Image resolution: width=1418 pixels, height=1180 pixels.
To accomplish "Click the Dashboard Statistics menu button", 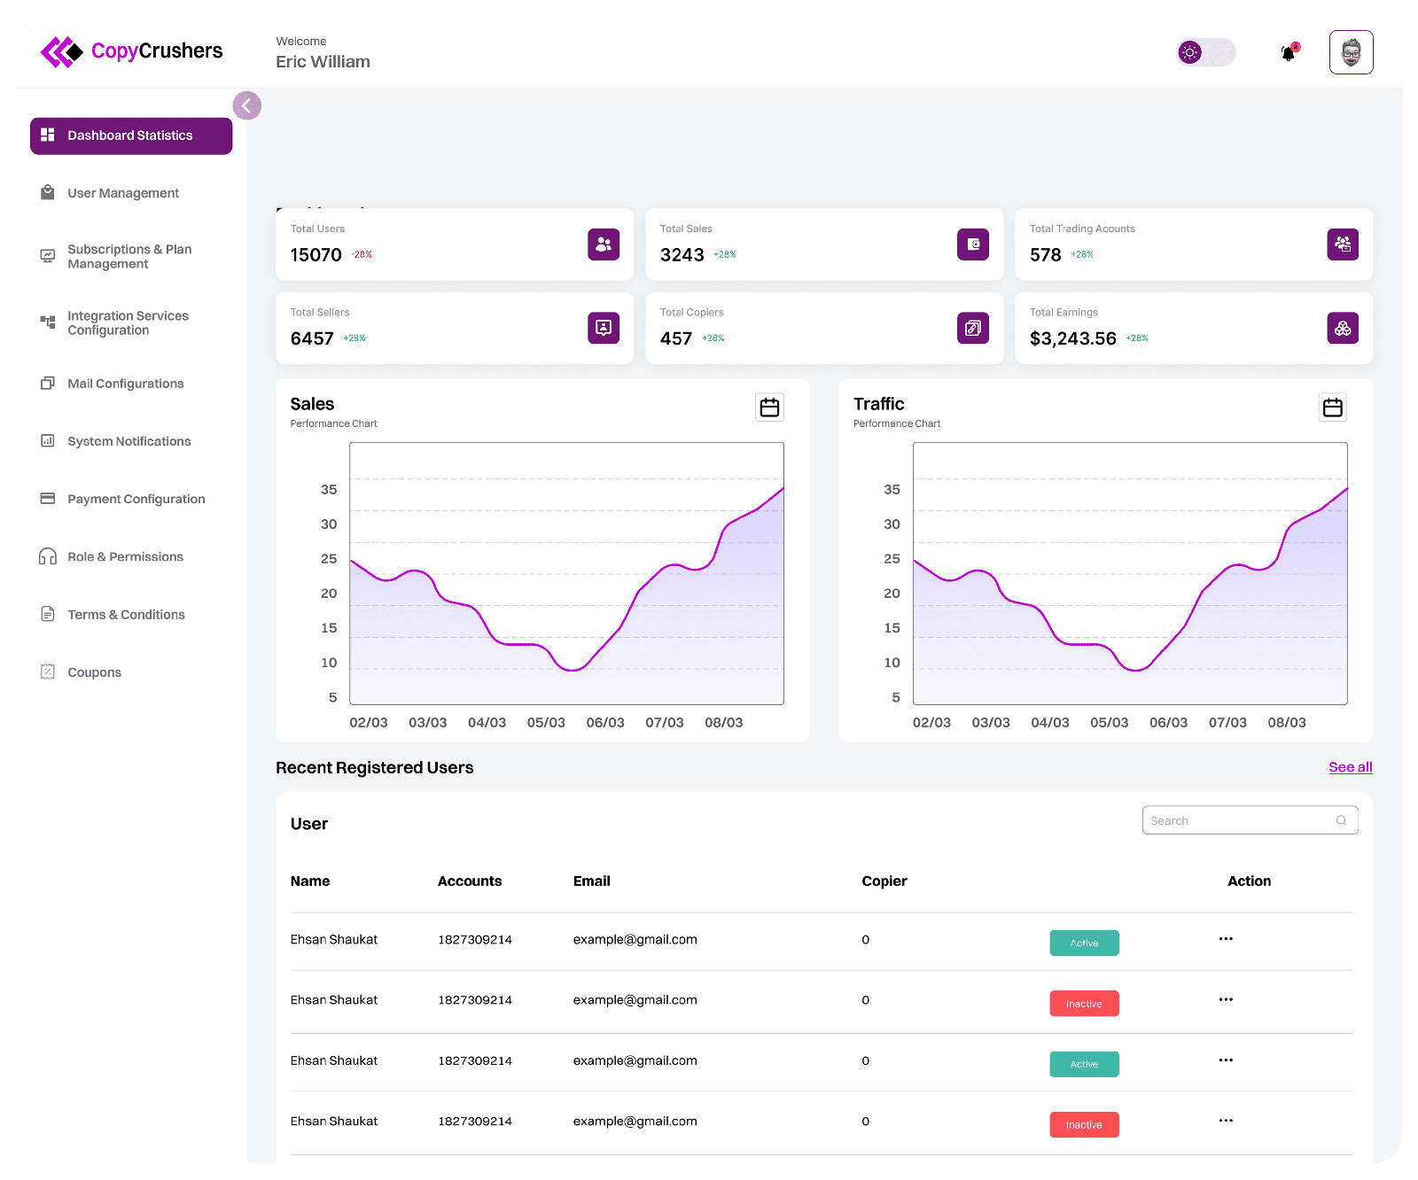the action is coord(131,136).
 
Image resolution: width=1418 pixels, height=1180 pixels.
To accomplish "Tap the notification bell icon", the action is coord(1289,53).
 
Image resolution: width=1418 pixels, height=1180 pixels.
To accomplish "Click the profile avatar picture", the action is coord(1351,52).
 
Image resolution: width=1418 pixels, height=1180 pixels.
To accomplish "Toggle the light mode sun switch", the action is coord(1205,52).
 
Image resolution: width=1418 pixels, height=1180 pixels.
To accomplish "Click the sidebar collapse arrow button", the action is coord(247,105).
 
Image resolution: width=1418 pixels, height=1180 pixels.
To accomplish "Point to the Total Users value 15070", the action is coord(316,255).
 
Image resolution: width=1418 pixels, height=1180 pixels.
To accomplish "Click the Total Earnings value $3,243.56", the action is coord(1072,338).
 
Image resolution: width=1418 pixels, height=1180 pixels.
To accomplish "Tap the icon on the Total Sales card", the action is coord(973,245).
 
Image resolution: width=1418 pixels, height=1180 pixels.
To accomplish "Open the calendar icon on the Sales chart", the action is coord(769,408).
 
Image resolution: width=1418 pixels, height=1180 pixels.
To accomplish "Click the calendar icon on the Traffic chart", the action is coord(1333,408).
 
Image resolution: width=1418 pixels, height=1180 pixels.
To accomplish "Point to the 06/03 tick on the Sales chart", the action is coord(605,723).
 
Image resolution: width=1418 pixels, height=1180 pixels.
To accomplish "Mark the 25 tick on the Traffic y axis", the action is coord(892,559).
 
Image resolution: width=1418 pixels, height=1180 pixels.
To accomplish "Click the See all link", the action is coord(1351,767).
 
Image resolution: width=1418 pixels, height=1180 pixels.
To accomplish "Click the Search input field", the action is coord(1250,820).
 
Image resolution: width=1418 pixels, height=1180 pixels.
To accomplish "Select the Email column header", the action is coord(591,881).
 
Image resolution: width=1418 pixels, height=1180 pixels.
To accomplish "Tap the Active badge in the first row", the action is coord(1084,943).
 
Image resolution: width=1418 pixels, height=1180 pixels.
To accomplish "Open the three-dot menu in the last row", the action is coord(1226,1121).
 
